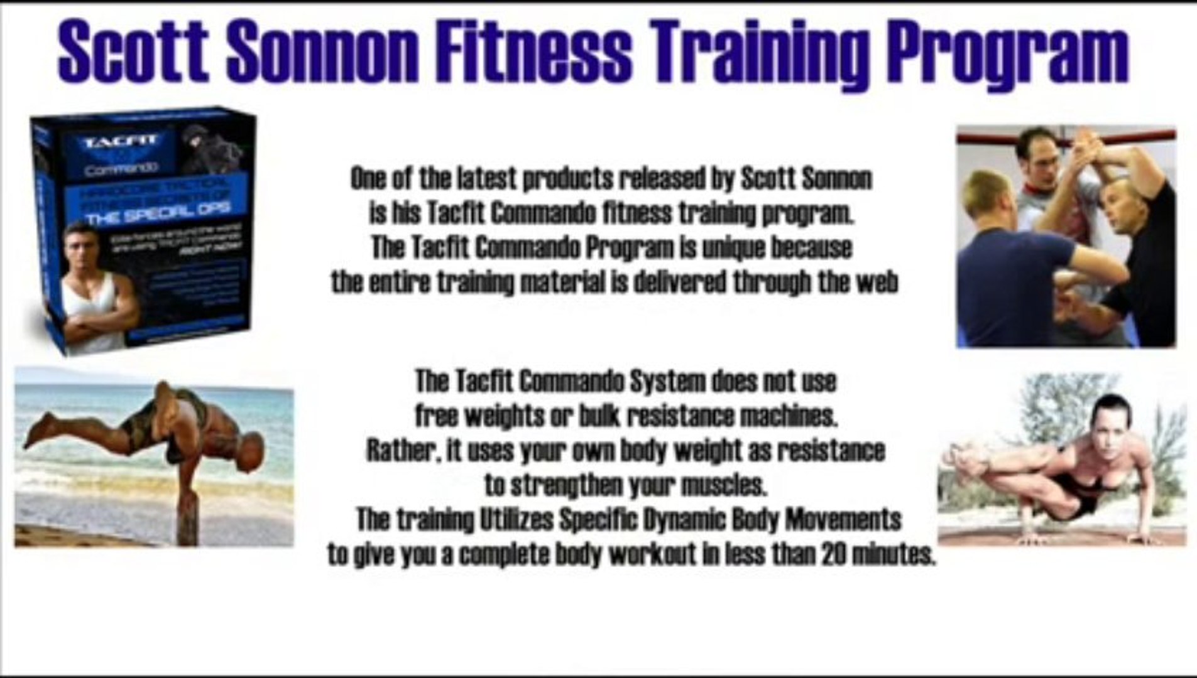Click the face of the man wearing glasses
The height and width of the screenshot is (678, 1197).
coord(1040,157)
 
